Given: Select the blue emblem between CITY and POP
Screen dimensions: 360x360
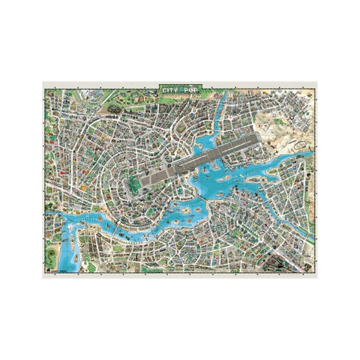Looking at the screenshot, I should [x=183, y=90].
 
